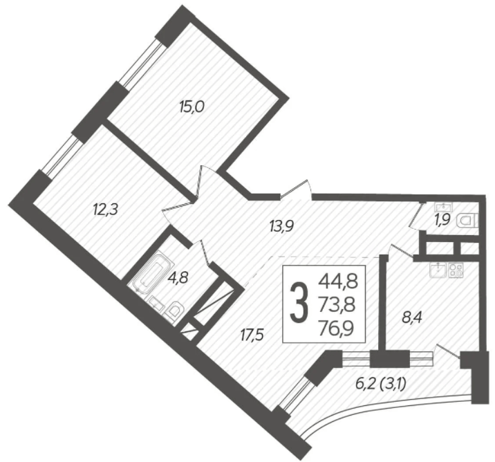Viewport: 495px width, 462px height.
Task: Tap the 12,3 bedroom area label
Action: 106,207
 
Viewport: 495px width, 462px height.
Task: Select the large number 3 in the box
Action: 299,304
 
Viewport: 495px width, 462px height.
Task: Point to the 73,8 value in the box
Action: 339,304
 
